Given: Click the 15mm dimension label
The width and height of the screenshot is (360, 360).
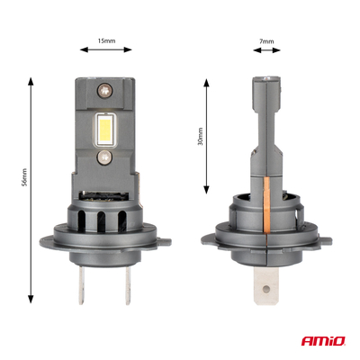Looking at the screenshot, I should coord(105,40).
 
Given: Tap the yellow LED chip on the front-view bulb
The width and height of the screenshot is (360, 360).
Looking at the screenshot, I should coord(106,130).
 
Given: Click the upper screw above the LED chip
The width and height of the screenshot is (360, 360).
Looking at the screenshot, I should coord(106,91).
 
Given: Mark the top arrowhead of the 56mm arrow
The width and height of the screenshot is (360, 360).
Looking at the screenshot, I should coord(31,80).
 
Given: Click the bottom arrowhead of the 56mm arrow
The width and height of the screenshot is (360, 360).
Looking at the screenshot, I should coord(31,299).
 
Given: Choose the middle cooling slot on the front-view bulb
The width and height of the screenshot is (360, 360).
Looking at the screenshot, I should coord(106,220).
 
